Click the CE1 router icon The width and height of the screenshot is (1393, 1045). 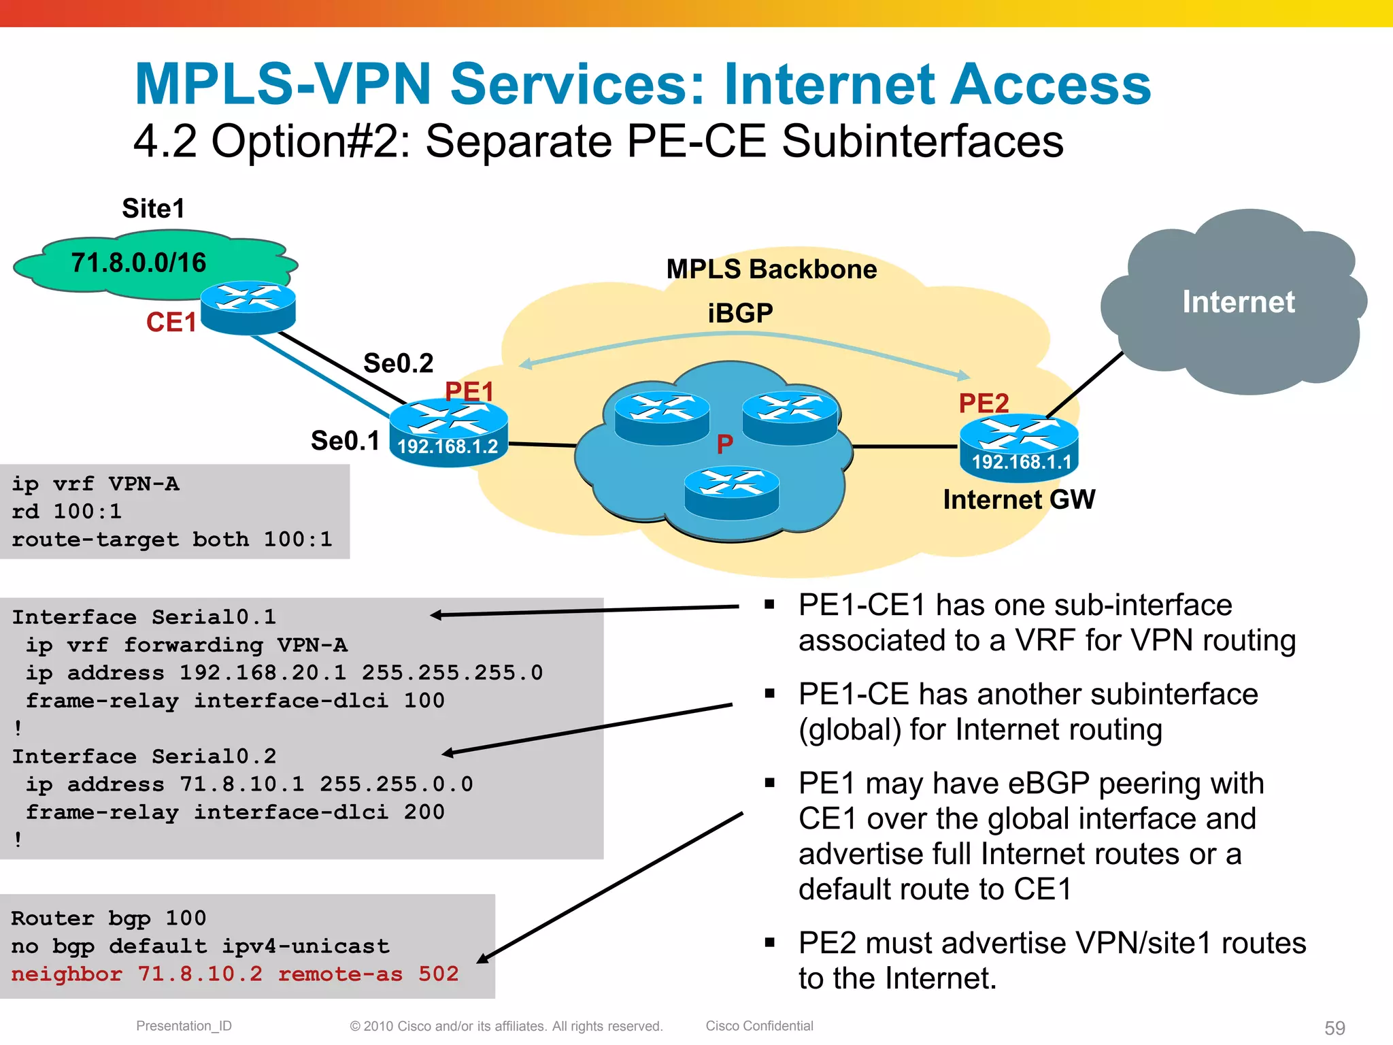coord(248,308)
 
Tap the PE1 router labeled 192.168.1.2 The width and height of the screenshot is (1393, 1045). coord(448,433)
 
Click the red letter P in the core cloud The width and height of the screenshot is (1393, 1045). coord(725,444)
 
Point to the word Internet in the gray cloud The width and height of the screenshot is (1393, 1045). coord(1238,302)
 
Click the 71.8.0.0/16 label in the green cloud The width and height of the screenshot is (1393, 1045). coord(139,263)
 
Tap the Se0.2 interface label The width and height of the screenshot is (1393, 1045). coord(398,363)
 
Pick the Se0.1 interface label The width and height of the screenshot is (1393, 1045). coord(345,441)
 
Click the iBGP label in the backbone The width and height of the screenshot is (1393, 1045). coord(740,314)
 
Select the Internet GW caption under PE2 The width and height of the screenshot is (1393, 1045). coord(1019,500)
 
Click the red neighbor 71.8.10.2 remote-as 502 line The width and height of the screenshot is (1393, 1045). coord(235,974)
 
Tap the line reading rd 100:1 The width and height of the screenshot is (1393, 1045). coord(67,512)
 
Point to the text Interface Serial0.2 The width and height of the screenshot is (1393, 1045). coord(144,757)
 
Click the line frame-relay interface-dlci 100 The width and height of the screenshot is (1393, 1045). coord(235,701)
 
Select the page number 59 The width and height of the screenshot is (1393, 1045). coord(1335,1027)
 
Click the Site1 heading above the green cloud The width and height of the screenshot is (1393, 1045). coord(153,209)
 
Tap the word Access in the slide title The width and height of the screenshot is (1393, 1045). coord(1050,84)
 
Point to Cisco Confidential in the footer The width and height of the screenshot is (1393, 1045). coord(759,1026)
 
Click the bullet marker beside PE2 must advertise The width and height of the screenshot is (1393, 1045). coord(769,943)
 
